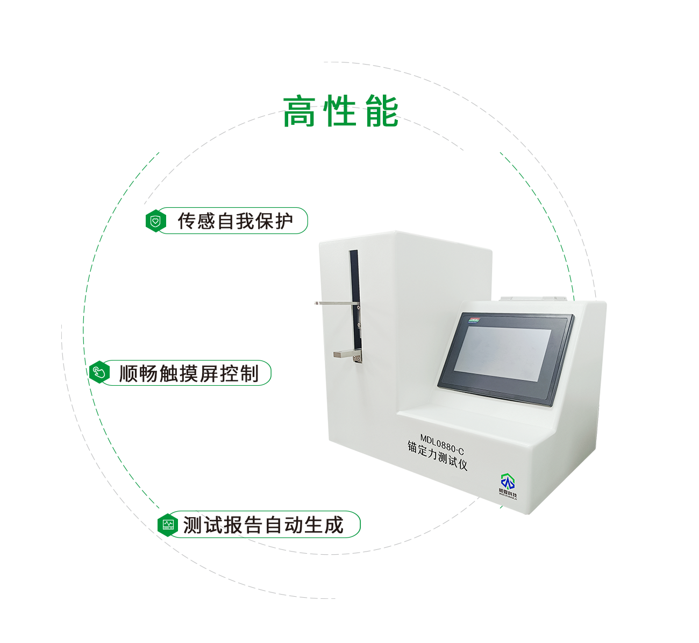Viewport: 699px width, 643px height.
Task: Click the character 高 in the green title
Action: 299,112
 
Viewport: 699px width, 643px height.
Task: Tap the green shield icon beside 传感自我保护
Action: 155,221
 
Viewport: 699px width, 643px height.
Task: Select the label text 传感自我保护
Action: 236,221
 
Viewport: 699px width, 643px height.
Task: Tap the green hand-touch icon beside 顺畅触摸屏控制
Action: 99,372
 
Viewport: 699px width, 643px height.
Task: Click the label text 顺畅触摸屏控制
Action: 189,373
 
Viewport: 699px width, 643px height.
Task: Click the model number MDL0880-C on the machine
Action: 441,444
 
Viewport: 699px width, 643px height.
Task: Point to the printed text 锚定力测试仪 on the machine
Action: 437,456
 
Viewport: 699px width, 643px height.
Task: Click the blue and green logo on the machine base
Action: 508,486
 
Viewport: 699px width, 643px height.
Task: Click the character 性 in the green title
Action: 340,112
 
